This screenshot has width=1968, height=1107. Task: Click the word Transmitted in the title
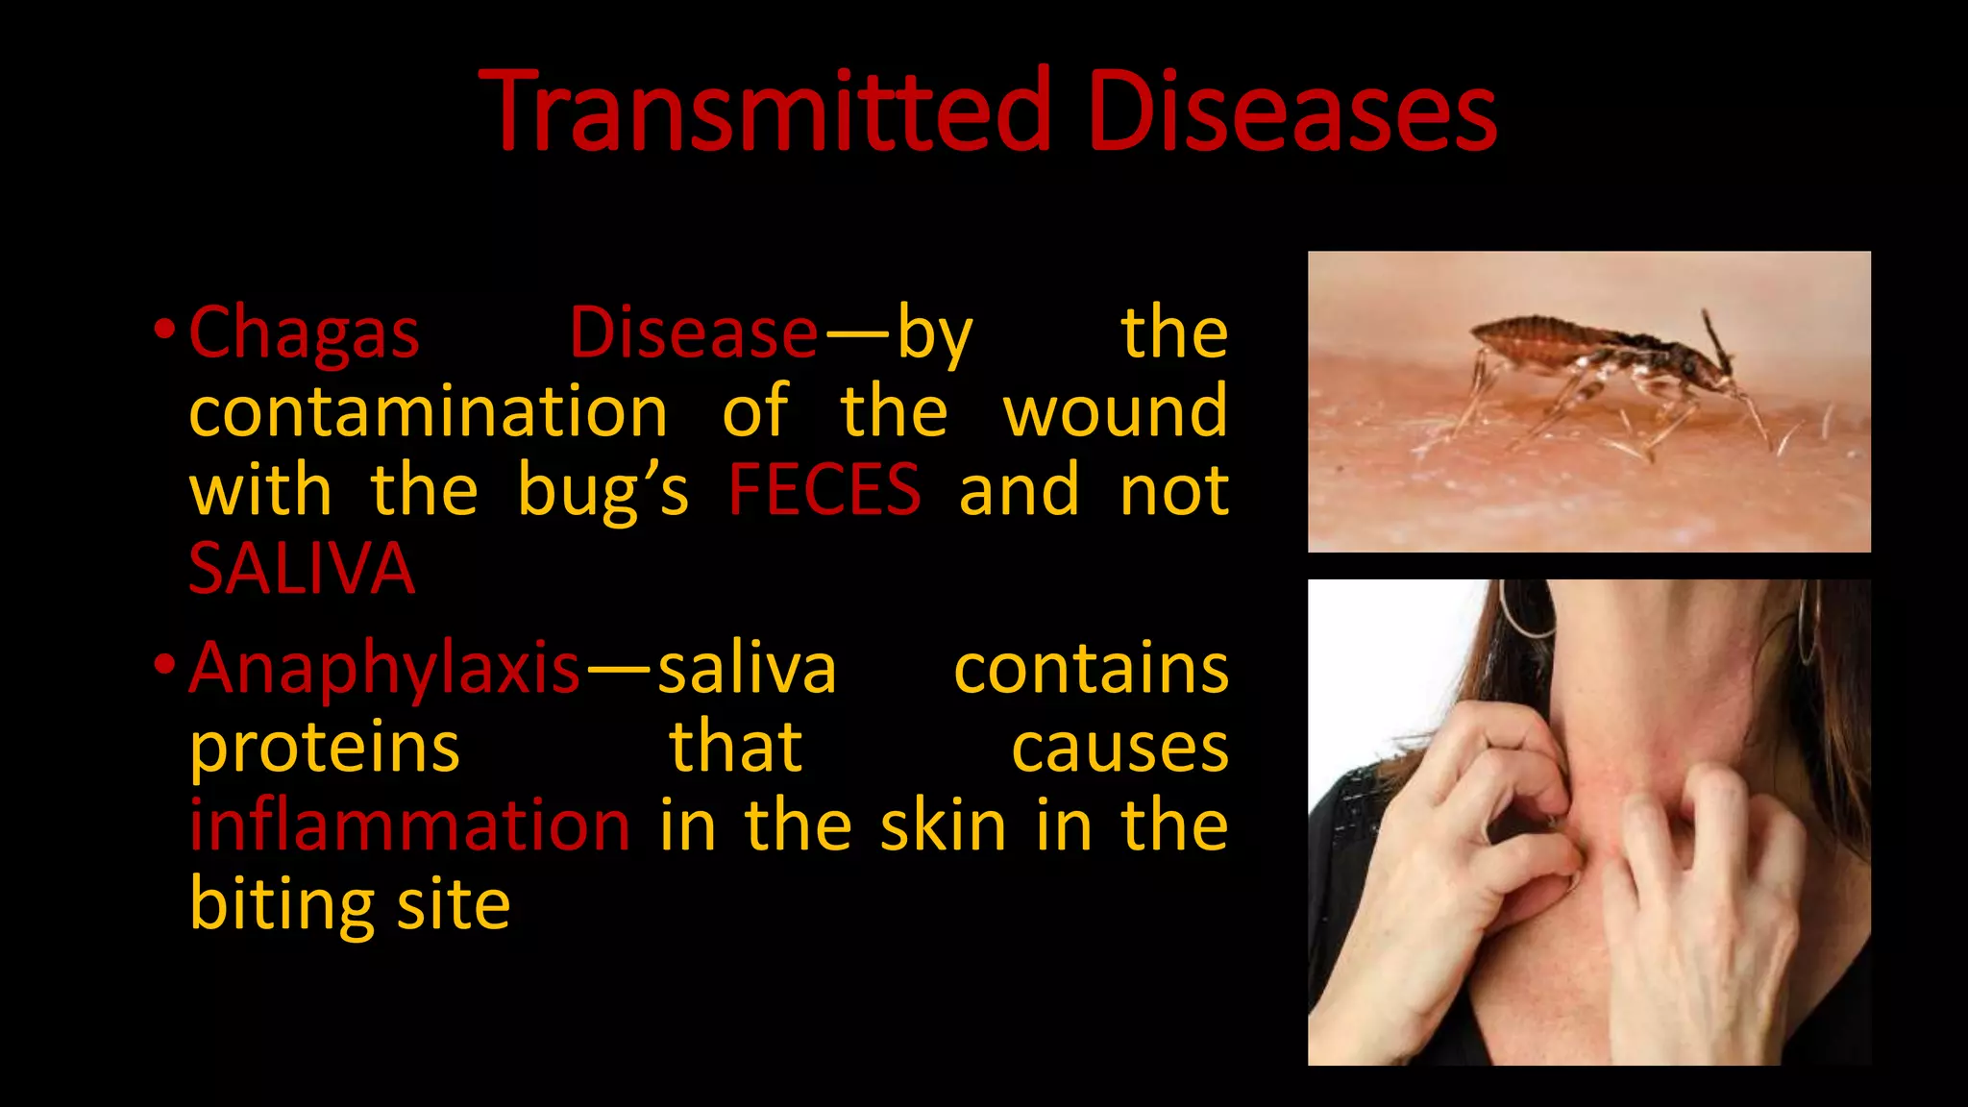[x=764, y=111]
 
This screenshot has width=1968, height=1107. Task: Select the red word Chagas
[x=304, y=333]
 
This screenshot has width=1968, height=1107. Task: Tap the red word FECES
[x=824, y=490]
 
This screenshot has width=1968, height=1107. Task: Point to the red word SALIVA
[x=302, y=569]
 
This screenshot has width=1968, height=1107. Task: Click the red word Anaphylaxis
[x=384, y=669]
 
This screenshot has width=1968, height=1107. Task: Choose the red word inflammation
[x=409, y=825]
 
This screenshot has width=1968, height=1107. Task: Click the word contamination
[x=429, y=411]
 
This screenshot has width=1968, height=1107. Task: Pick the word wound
[x=1115, y=411]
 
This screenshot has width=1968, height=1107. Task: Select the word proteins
[x=325, y=748]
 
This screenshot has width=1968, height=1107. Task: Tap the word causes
[x=1119, y=748]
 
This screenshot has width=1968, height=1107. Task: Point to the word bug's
[x=603, y=490]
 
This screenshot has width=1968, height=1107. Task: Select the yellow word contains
[x=1091, y=669]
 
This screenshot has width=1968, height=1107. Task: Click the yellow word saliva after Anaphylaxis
[x=747, y=669]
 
